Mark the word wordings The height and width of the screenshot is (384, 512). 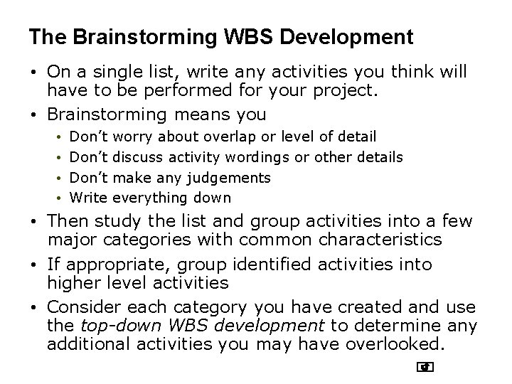click(260, 156)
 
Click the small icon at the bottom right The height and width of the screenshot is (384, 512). click(426, 368)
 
